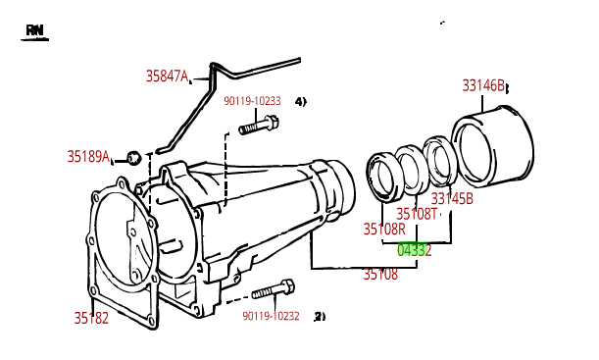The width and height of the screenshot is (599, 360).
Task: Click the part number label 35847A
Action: [167, 76]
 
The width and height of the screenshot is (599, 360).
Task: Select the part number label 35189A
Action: [88, 156]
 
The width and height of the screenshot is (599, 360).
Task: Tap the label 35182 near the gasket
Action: [91, 317]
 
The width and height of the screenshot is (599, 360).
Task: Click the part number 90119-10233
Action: [252, 101]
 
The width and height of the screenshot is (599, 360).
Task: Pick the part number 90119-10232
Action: [271, 316]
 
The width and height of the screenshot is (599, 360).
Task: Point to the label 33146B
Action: [483, 85]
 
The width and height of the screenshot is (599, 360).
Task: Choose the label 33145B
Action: [452, 198]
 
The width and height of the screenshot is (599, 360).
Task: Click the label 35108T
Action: [417, 214]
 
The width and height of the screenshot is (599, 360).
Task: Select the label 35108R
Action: [383, 230]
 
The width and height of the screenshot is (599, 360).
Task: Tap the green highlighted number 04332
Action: [414, 250]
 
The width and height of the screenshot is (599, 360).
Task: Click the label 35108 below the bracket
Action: [380, 275]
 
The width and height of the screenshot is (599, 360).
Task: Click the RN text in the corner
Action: [35, 31]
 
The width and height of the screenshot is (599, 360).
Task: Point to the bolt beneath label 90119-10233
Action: [260, 125]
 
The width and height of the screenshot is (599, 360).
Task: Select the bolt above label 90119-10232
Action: [274, 290]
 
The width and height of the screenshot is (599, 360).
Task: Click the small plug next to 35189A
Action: [134, 157]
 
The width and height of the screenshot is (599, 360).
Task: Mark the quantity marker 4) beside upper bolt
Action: [300, 101]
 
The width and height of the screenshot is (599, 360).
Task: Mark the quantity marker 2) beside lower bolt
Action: [319, 316]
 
